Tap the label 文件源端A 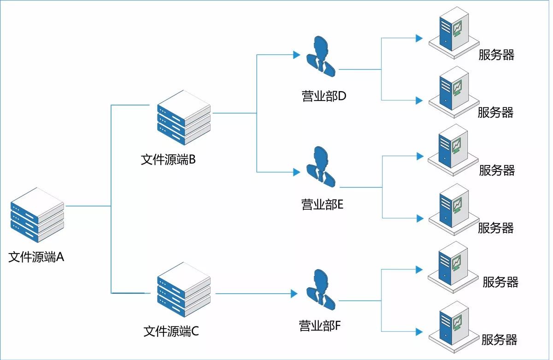(36, 257)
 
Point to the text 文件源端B (168, 159)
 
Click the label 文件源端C (171, 331)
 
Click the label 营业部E (322, 204)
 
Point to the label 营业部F (320, 326)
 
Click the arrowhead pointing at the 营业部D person (297, 55)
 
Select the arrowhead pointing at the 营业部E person (297, 172)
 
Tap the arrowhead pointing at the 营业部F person (294, 294)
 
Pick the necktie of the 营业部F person (323, 299)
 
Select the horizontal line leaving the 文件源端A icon (88, 206)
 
